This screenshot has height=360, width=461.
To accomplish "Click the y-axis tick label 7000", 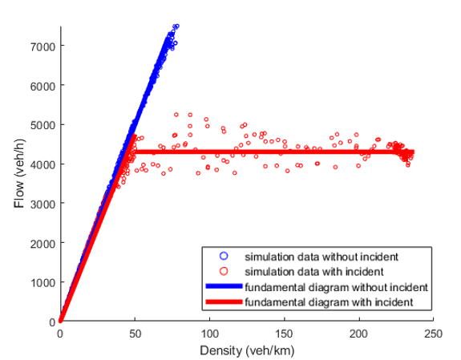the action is click(42, 47).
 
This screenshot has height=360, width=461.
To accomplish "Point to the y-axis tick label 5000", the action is click(42, 126).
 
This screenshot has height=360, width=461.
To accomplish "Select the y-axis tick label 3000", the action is click(42, 204).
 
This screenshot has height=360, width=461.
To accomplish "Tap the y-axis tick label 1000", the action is click(42, 283).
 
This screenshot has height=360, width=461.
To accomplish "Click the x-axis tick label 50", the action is click(135, 334).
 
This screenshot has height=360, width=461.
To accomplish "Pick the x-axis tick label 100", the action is click(209, 334).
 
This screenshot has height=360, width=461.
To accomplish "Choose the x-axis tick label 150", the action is click(285, 334).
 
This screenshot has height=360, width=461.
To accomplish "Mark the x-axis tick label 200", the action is click(359, 334).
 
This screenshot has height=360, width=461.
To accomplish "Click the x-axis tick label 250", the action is click(434, 334).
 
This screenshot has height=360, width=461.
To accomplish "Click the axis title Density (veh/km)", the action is click(247, 350).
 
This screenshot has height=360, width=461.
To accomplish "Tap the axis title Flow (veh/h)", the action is click(19, 173).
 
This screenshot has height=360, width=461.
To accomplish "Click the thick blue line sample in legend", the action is click(224, 286).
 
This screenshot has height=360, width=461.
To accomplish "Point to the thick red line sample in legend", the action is click(224, 301).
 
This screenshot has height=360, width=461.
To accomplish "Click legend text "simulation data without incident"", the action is click(321, 257).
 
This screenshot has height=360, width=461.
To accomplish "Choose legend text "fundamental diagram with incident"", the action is click(329, 302).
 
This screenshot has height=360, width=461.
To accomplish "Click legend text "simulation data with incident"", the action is click(314, 272).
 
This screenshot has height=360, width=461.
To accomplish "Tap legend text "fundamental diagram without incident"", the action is click(337, 287).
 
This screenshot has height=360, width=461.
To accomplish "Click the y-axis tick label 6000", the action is click(42, 87).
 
